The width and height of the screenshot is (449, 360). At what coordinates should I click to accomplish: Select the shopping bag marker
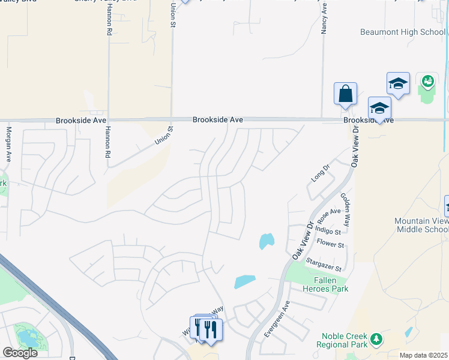(345, 94)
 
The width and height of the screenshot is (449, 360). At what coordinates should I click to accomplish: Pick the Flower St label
(331, 245)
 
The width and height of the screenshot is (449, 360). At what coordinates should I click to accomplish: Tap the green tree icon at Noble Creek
(376, 340)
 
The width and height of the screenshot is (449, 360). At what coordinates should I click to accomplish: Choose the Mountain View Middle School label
(421, 226)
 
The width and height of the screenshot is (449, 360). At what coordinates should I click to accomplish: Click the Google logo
(20, 353)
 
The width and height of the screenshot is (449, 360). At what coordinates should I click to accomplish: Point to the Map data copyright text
(424, 355)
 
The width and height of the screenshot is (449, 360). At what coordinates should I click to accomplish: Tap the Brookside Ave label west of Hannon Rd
(81, 120)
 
